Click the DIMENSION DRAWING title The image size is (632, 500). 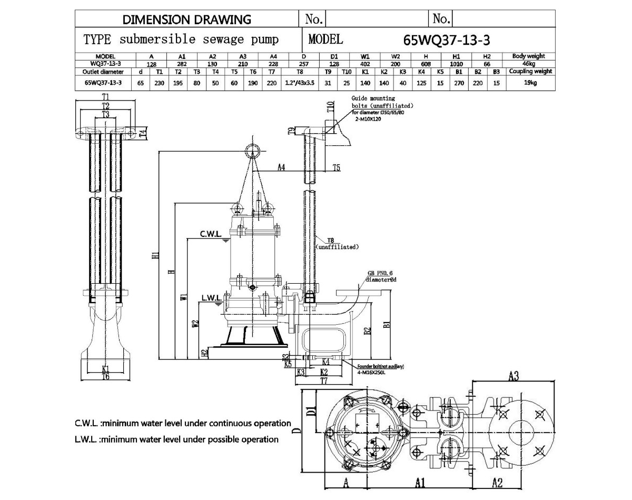click(x=187, y=19)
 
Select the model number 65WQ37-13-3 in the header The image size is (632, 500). click(x=447, y=40)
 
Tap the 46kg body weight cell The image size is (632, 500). click(x=529, y=64)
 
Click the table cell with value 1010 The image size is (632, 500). click(x=457, y=64)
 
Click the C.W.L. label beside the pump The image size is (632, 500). click(x=210, y=234)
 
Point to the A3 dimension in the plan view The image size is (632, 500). click(x=514, y=376)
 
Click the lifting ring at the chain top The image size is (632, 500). click(x=253, y=151)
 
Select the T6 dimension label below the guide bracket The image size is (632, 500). click(x=105, y=376)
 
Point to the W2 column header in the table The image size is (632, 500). click(x=396, y=56)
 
